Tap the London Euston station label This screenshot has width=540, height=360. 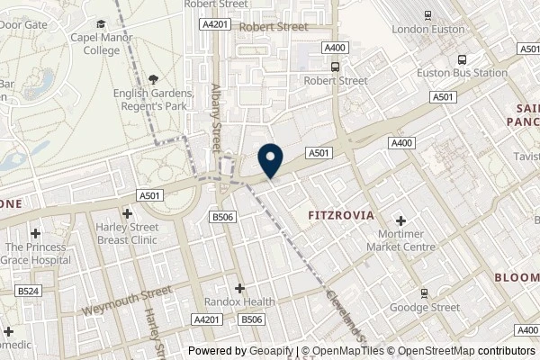[427, 29]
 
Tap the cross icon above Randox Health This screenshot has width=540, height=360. [240, 288]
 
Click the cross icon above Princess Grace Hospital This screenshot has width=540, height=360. [34, 234]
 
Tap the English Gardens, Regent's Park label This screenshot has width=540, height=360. [153, 99]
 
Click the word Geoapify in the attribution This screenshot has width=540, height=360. [268, 351]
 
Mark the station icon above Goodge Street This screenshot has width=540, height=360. [424, 292]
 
